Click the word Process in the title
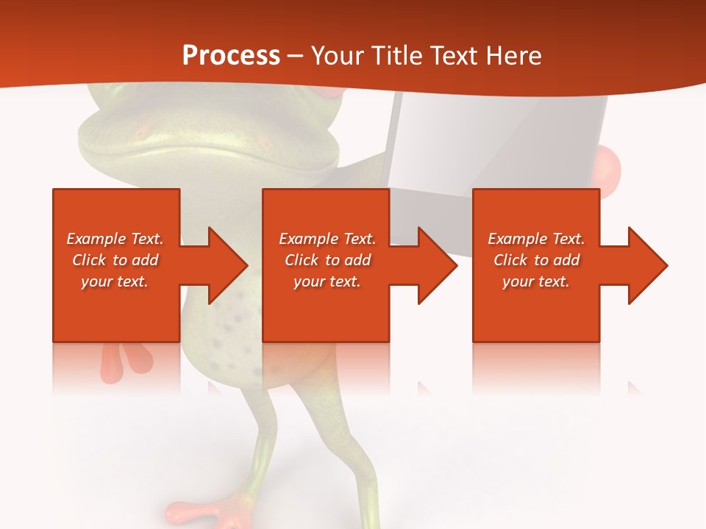231,56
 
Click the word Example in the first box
96,239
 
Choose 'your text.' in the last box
535,281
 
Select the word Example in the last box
517,239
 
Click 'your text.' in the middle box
327,281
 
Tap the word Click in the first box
89,260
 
